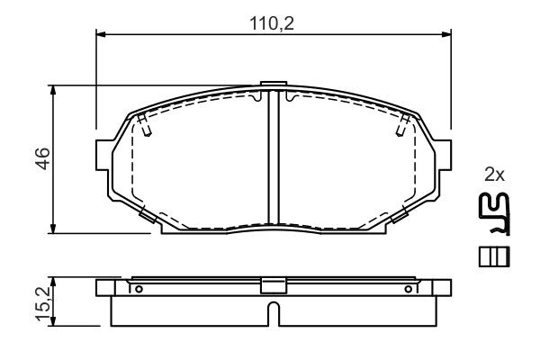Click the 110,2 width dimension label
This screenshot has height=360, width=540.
pos(272,24)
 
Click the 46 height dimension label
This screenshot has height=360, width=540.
pos(43,158)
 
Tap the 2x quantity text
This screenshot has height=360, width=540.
pos(494,175)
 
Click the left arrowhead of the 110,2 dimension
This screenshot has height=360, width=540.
pos(100,34)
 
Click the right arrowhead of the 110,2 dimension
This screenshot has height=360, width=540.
pos(446,34)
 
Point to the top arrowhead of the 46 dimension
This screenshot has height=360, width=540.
pos(53,90)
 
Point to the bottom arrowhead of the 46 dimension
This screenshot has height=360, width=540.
pos(53,229)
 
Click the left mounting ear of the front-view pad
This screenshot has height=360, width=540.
pos(104,155)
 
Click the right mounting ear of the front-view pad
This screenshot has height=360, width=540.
pos(443,155)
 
